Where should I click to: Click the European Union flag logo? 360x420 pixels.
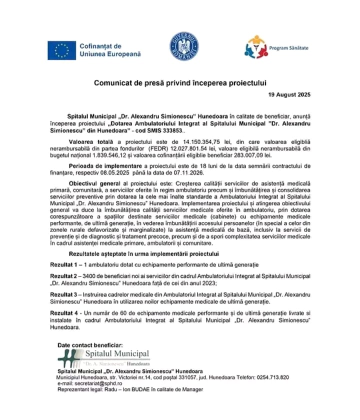[62, 50]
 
